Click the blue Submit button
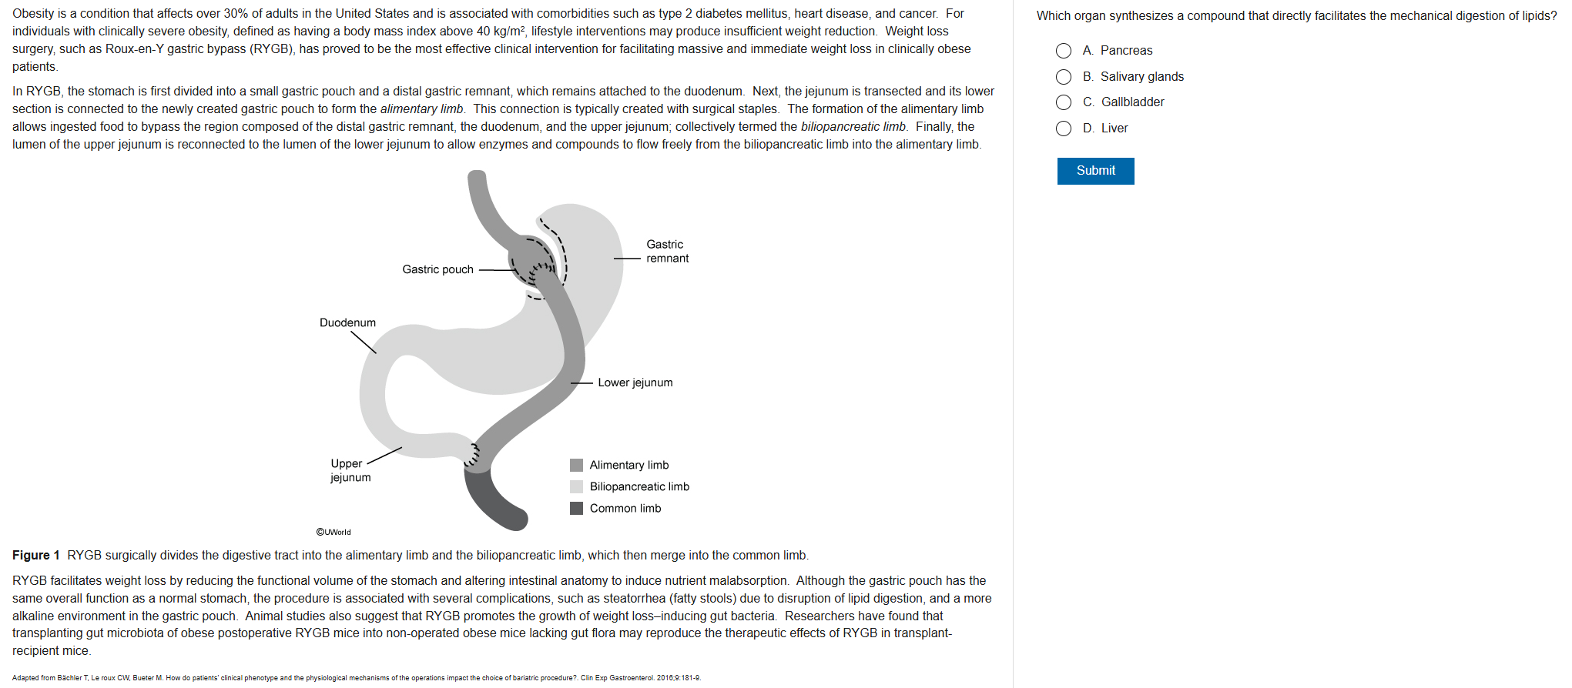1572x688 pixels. coord(1095,171)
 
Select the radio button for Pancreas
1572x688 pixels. coord(1064,51)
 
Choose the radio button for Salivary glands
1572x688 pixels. coord(1064,77)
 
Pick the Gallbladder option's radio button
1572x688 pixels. coord(1064,102)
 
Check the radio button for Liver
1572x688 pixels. coord(1064,129)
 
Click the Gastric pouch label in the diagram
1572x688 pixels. coord(437,269)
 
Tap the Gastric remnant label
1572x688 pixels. coord(667,252)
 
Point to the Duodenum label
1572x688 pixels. coord(347,322)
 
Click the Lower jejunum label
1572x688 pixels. coord(635,382)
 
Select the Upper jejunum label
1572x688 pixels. coord(350,470)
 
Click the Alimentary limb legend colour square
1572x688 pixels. coord(576,465)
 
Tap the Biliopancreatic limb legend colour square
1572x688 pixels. coord(576,486)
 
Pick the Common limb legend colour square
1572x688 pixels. coord(576,508)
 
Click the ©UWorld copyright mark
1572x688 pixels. coord(334,532)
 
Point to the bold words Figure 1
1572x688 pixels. coord(36,556)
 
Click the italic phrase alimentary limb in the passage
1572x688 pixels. coord(422,109)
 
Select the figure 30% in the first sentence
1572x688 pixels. coord(236,14)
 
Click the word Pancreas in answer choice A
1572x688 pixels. coord(1126,51)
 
